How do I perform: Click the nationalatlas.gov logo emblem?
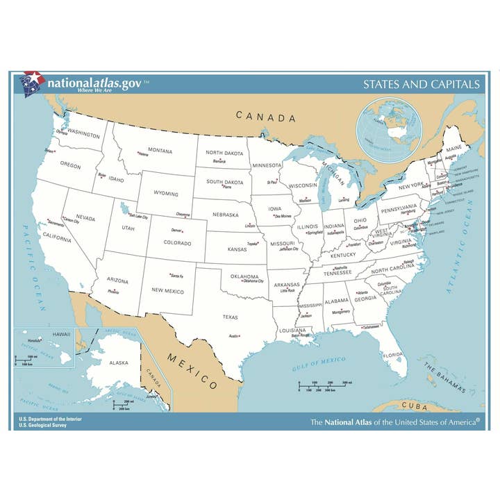[33, 83]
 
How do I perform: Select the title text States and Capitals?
[421, 85]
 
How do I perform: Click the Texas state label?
[230, 317]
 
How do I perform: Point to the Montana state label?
[160, 151]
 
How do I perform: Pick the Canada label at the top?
[265, 117]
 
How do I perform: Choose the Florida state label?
[392, 355]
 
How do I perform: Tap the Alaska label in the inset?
[119, 362]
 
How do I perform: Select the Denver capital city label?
[176, 231]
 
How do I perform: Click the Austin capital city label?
[234, 336]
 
